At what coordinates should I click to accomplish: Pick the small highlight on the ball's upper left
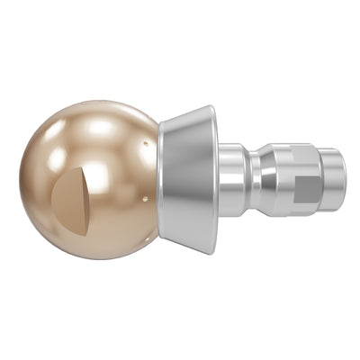[56, 157]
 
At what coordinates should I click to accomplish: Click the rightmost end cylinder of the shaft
[334, 179]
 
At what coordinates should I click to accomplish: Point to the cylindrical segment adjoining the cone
[232, 179]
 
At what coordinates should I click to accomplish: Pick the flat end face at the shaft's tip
[344, 179]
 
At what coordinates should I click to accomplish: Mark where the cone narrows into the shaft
[217, 179]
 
